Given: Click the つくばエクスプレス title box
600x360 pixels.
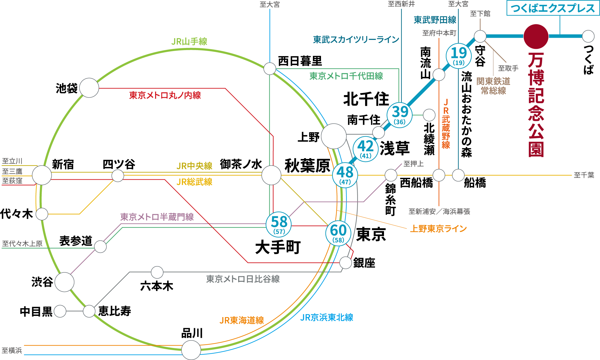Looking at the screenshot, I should point(553,8).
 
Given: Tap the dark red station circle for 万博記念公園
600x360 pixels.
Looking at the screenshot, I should point(536,37).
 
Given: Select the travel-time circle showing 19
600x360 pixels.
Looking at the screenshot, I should point(459,56).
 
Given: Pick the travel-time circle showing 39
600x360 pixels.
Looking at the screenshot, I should point(400,115).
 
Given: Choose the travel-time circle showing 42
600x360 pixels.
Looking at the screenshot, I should point(365,149).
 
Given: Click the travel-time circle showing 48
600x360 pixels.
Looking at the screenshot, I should point(345,175).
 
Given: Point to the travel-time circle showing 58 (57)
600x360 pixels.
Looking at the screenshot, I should point(279,224).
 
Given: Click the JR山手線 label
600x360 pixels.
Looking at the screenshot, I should point(189,41).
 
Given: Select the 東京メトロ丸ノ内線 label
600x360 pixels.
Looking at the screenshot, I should point(165,95).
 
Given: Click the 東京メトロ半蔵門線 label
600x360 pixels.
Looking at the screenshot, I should point(157,217).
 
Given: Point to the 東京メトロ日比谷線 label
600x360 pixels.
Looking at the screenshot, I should point(243,279).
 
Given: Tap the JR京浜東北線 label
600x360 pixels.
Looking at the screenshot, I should point(327,317).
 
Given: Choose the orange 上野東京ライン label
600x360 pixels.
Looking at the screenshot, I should point(438,229).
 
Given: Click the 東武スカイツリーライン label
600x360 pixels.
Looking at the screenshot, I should point(356,40).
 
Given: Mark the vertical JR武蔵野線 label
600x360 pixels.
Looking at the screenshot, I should point(446,124).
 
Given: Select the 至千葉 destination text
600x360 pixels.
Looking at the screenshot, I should point(584,175).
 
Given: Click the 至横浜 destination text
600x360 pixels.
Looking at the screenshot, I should point(12,350).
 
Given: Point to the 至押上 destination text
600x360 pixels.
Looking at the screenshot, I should point(413,164).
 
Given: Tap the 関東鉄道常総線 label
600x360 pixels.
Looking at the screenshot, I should point(493,86).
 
